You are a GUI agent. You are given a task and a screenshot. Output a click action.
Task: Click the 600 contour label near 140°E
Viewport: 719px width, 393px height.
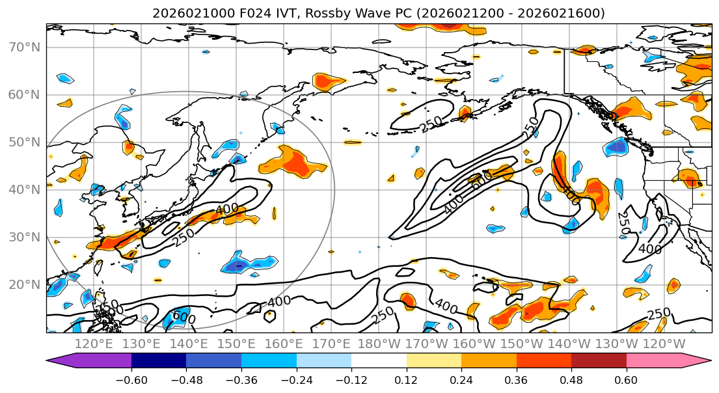(183, 317)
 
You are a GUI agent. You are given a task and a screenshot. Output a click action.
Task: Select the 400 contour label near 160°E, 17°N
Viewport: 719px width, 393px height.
(278, 302)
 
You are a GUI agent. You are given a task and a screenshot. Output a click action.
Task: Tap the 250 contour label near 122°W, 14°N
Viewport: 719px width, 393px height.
(658, 314)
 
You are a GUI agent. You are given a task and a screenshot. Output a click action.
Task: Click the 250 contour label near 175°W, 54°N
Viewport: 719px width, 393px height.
(430, 124)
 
